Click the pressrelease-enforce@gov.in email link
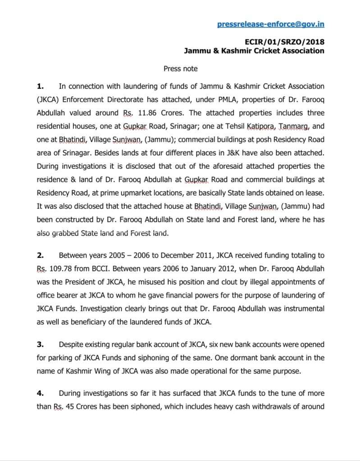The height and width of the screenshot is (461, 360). (270, 24)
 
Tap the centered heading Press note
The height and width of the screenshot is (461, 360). (180, 69)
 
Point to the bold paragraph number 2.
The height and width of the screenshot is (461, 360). (40, 255)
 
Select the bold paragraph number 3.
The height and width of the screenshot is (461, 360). (40, 344)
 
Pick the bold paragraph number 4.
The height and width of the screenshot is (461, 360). (40, 393)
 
